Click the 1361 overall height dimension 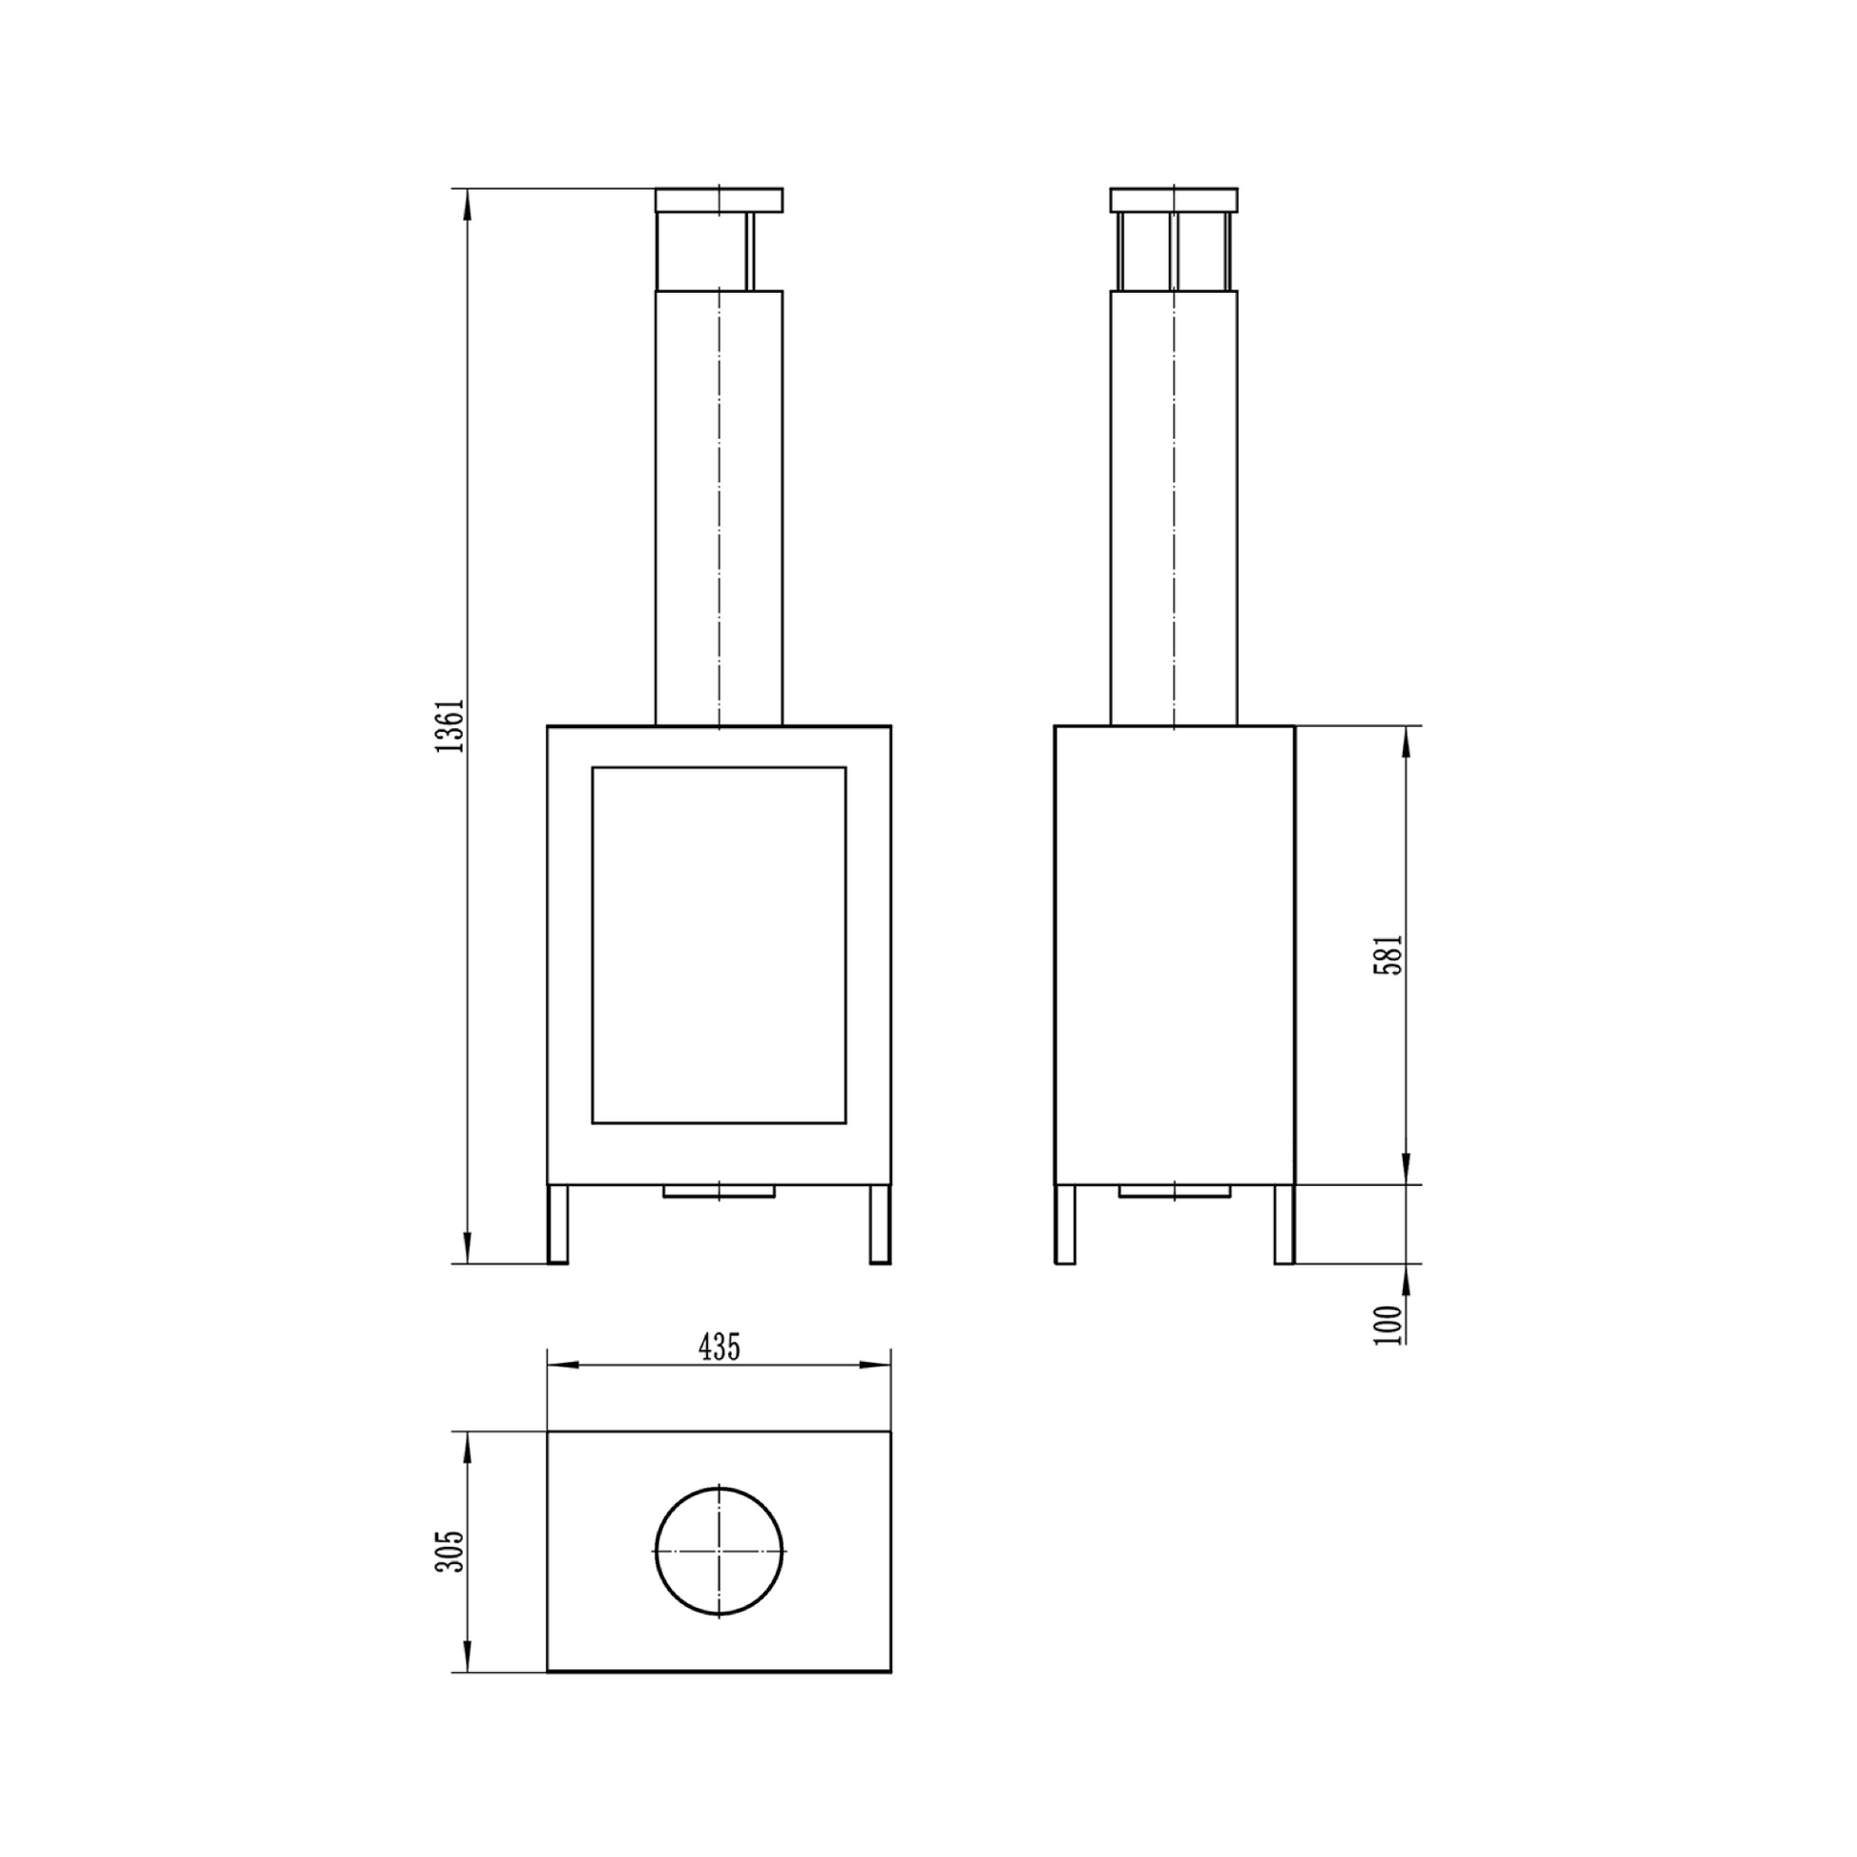tap(449, 725)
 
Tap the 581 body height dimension tap(1388, 954)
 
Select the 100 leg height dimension tap(1388, 1324)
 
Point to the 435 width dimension tap(719, 1347)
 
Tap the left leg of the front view tap(557, 1223)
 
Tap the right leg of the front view tap(881, 1223)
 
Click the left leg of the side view tap(1065, 1223)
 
